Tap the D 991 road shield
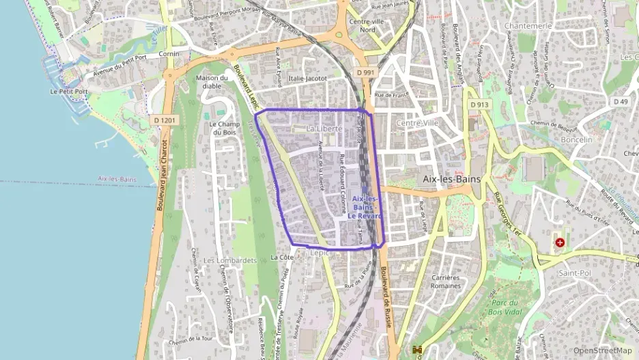366,72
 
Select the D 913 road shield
479,105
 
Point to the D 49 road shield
620,102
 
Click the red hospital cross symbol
560,242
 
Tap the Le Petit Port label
69,91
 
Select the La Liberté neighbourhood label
324,128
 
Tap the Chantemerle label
527,25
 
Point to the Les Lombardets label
229,260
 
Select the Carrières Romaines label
447,282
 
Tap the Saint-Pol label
574,273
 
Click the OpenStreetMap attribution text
602,350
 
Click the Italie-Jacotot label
308,79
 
